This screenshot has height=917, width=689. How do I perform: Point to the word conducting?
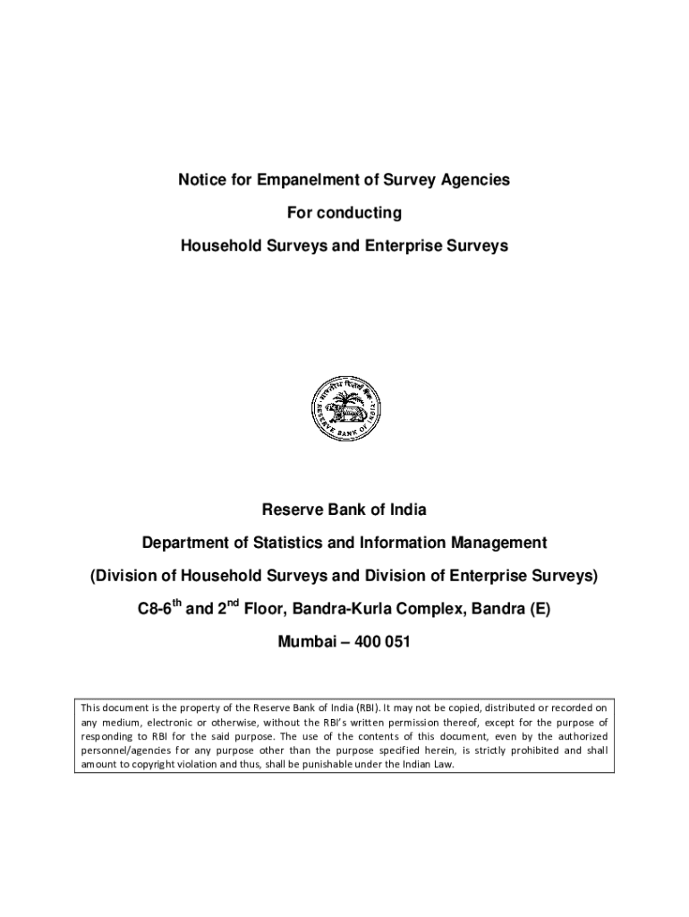pyautogui.click(x=361, y=213)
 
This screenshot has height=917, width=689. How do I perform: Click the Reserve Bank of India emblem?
pyautogui.click(x=344, y=408)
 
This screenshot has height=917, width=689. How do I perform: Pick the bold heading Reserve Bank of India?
pyautogui.click(x=344, y=510)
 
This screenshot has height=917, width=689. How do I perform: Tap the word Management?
pyautogui.click(x=497, y=543)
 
